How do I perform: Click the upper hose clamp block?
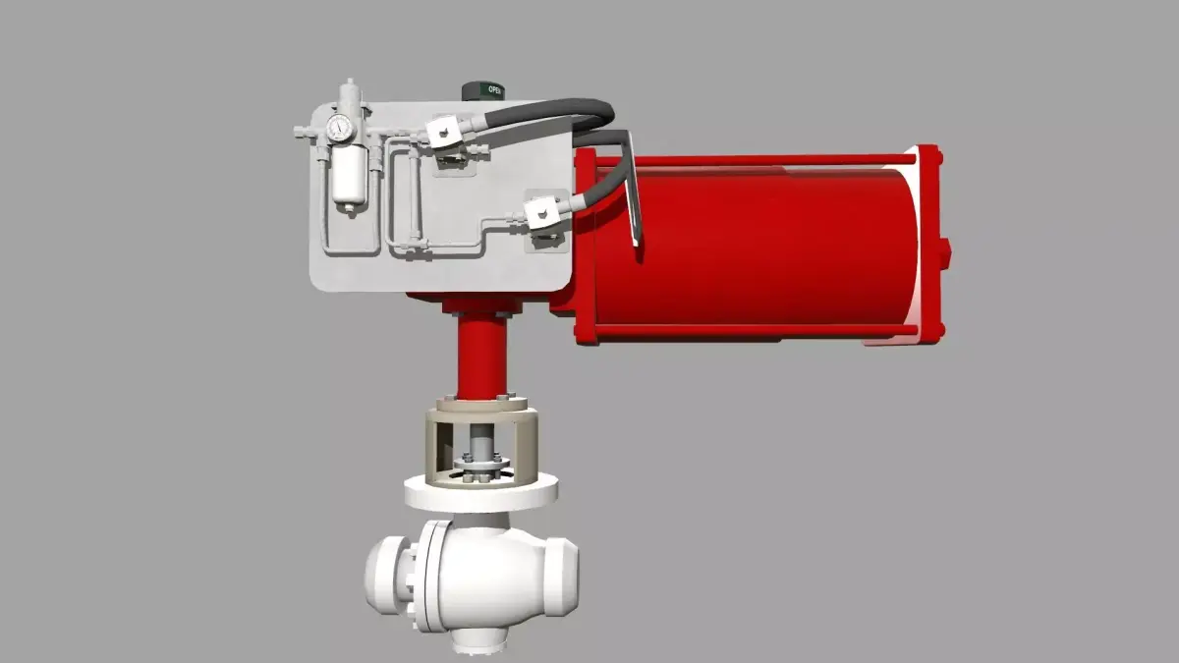(443, 132)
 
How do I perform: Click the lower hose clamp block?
(540, 212)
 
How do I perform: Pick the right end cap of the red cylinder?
(928, 246)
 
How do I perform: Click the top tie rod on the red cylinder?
(757, 159)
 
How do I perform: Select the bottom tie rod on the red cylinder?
(757, 331)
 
